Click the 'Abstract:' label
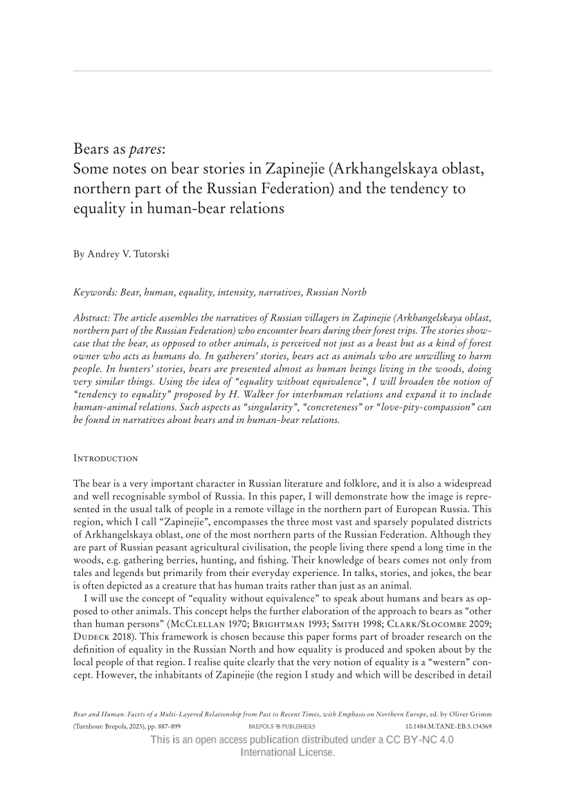pyautogui.click(x=93, y=317)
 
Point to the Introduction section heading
pyautogui.click(x=106, y=458)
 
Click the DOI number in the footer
pyautogui.click(x=448, y=727)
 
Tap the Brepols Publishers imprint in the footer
pyautogui.click(x=282, y=727)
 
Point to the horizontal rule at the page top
pyautogui.click(x=282, y=71)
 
